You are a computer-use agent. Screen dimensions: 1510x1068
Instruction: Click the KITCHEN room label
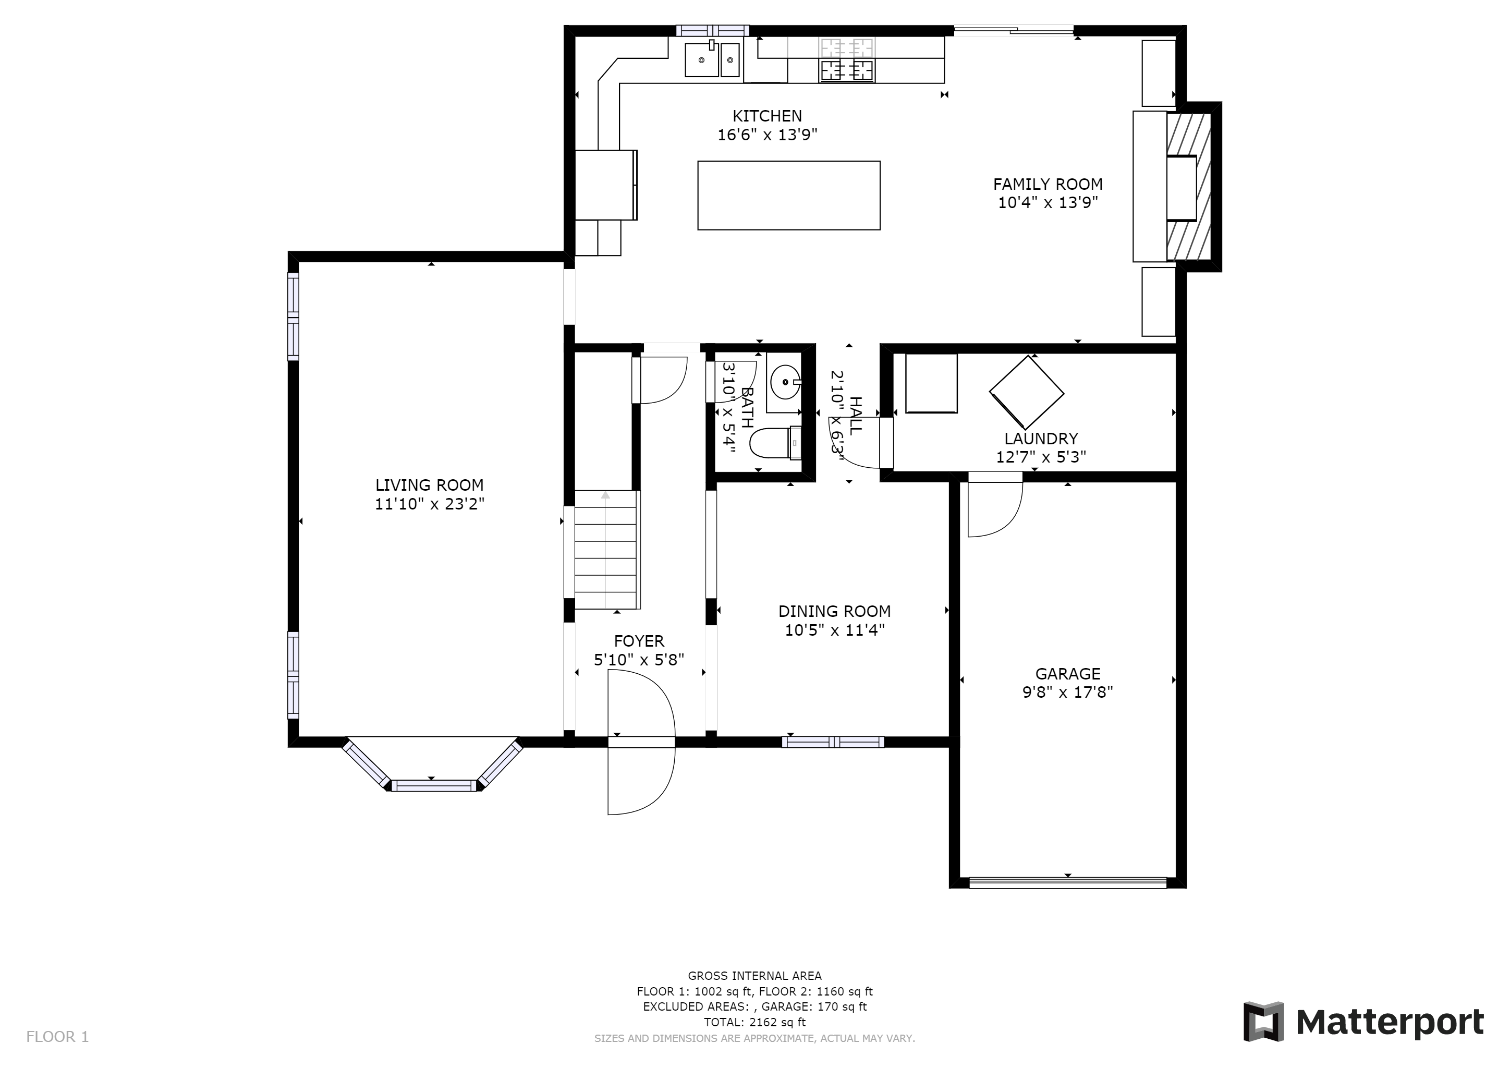click(x=767, y=116)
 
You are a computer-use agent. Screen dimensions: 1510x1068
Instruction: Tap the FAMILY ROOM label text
click(x=1048, y=184)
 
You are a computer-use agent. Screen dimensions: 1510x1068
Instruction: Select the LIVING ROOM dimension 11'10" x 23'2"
click(x=430, y=504)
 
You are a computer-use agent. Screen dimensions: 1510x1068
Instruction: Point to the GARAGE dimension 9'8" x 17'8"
click(x=1067, y=692)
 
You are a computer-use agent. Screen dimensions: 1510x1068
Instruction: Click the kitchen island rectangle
click(x=788, y=196)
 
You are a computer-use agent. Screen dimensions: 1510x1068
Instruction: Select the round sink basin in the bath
click(x=785, y=381)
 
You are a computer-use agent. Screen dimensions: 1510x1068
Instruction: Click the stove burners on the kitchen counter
click(x=846, y=59)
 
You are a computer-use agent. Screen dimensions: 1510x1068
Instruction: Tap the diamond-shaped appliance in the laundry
click(x=1027, y=393)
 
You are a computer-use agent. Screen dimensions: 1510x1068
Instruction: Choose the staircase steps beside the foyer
click(x=606, y=550)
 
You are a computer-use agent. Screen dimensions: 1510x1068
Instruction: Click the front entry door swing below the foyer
click(x=641, y=743)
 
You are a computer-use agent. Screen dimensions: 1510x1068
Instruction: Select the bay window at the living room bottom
click(x=433, y=765)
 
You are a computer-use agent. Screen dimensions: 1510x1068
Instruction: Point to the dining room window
click(x=833, y=742)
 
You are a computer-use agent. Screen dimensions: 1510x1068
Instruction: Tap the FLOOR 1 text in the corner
click(x=57, y=1037)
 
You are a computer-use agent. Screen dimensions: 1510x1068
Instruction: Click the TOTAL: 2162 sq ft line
click(x=754, y=1022)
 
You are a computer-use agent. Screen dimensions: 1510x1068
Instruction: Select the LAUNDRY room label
click(x=1041, y=439)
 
